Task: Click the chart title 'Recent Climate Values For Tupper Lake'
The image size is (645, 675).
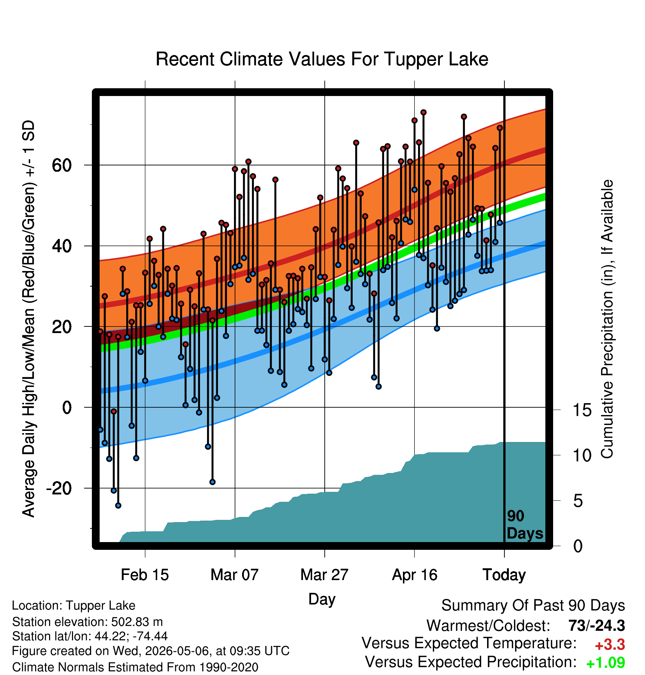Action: point(322,59)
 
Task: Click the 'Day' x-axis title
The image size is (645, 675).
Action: point(322,599)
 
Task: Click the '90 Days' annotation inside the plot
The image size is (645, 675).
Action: point(525,525)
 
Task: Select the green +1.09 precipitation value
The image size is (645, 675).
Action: point(606,662)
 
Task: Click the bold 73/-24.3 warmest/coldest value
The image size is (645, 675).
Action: point(597,626)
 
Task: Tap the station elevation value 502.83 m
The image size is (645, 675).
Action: point(137,622)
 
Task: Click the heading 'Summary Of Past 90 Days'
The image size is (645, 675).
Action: point(533,606)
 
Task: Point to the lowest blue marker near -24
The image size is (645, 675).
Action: point(118,506)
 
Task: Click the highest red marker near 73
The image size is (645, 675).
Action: point(424,112)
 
